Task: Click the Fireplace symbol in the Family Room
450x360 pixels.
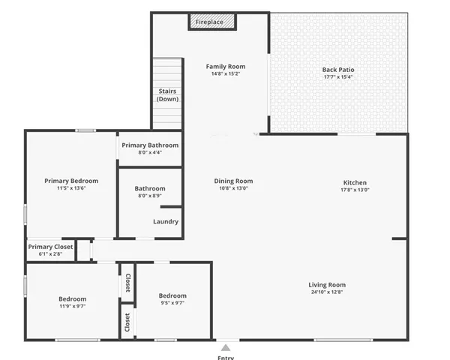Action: [x=211, y=22]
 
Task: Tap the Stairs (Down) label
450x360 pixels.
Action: [x=167, y=95]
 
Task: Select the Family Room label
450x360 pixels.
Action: [x=226, y=67]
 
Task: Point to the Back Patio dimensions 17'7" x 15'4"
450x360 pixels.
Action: [x=338, y=77]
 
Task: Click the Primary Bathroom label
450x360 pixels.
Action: [x=150, y=145]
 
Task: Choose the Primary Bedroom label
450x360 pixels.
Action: [x=71, y=181]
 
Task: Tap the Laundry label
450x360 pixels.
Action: [x=165, y=221]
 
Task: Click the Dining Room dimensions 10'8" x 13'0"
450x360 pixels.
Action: [x=234, y=189]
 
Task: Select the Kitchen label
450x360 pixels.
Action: [x=355, y=182]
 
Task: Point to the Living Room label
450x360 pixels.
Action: [x=327, y=285]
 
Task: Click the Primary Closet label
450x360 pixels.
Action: [x=51, y=247]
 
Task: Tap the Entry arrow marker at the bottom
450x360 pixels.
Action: [x=225, y=347]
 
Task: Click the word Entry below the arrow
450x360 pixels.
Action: [x=225, y=357]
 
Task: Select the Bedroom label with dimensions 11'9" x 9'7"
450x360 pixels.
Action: [x=73, y=298]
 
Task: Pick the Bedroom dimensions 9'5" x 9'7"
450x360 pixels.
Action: [x=172, y=304]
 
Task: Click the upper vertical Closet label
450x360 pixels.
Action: [x=127, y=283]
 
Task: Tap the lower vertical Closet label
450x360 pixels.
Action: [x=127, y=322]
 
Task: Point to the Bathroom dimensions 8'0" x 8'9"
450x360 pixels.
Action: [x=150, y=196]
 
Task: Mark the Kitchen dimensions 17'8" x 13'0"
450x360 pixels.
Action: [x=355, y=190]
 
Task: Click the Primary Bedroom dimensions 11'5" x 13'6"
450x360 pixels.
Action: [x=71, y=189]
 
